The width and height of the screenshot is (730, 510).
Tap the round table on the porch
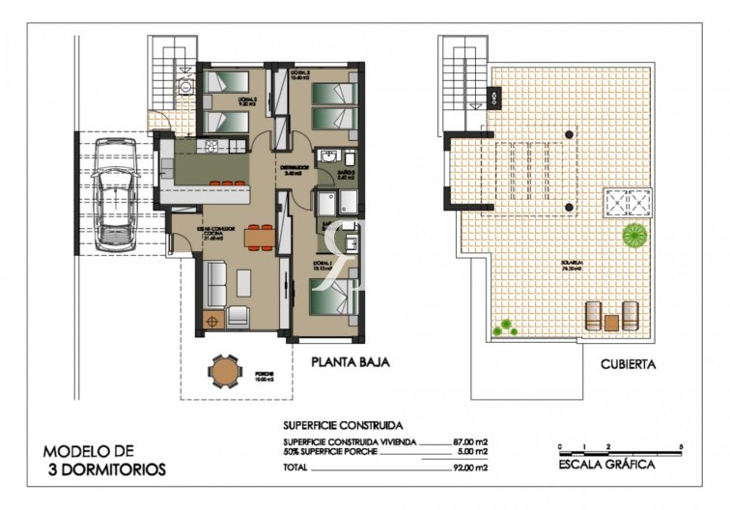click(225, 370)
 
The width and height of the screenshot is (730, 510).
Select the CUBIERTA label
click(628, 365)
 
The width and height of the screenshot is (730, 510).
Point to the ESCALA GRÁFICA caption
click(607, 465)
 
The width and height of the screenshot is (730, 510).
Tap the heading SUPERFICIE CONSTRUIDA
click(343, 424)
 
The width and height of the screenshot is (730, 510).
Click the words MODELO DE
click(89, 451)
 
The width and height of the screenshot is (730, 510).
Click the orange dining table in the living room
click(258, 236)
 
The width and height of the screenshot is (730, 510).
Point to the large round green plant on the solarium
click(633, 234)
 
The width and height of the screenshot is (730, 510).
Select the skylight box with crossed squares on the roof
click(627, 204)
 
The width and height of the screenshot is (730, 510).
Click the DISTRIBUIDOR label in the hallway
click(295, 167)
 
